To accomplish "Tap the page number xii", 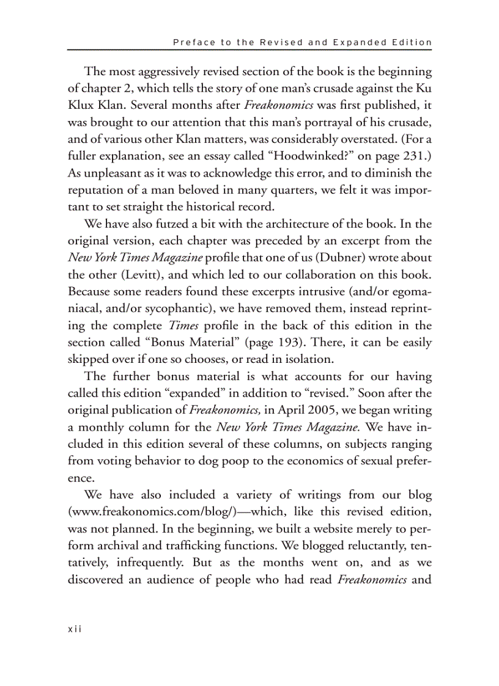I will point(75,629).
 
